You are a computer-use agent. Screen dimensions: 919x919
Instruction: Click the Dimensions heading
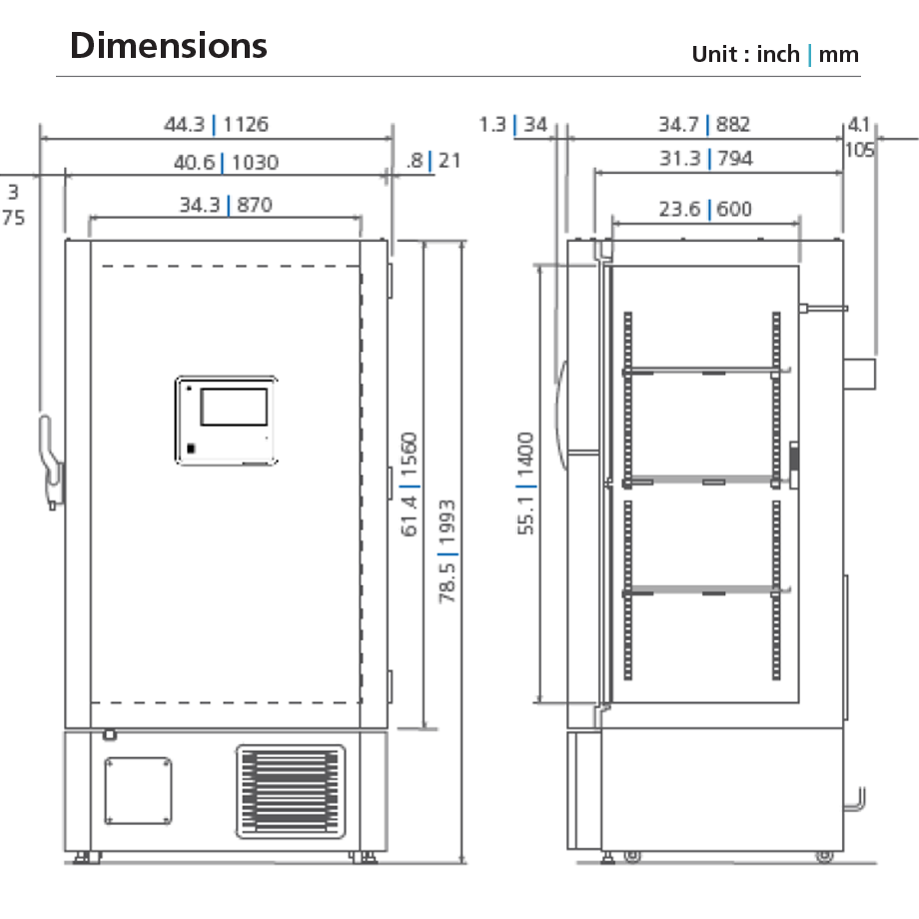[169, 46]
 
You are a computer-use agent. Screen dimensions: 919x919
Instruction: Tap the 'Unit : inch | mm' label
[775, 54]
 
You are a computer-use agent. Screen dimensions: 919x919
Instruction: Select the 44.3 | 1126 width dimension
[217, 125]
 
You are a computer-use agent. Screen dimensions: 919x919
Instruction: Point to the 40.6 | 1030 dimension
[226, 162]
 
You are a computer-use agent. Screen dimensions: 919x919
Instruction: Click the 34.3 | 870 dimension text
[225, 206]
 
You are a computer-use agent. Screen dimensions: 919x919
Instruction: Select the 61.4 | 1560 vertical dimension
[411, 484]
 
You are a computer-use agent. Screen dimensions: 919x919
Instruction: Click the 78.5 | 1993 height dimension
[449, 551]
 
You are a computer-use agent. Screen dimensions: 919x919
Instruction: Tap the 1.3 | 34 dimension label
[513, 125]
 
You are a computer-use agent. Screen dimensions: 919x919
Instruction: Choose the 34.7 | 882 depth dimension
[704, 125]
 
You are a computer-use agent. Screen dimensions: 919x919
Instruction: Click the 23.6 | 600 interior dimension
[705, 209]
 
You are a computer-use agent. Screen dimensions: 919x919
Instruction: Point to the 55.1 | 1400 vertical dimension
[526, 483]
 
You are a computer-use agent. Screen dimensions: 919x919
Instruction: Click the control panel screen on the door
[233, 408]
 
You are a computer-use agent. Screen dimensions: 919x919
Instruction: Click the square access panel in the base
[139, 791]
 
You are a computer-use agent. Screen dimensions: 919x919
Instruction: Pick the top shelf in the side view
[701, 371]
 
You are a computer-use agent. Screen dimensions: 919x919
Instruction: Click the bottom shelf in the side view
[701, 590]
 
